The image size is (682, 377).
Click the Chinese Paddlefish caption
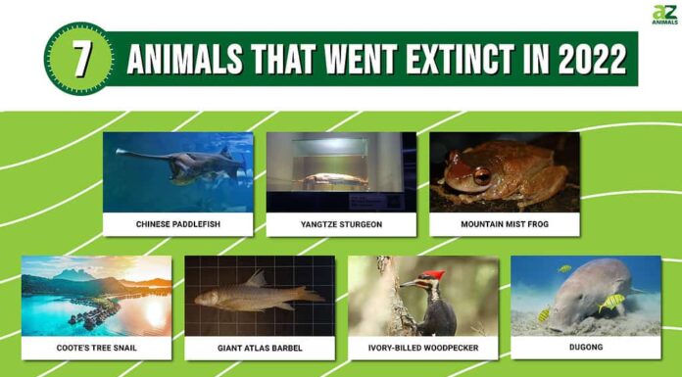pos(177,224)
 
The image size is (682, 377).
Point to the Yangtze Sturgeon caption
pos(341,224)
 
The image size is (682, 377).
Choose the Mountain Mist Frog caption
pos(504,224)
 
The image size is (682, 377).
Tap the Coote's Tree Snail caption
pos(96,347)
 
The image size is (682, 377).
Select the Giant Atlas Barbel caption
pos(259,347)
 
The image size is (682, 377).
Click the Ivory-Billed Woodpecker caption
pos(422,347)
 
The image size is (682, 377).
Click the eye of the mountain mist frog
pos(482,176)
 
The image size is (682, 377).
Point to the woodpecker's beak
pos(407,284)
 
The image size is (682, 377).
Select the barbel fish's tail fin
pos(311,295)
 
